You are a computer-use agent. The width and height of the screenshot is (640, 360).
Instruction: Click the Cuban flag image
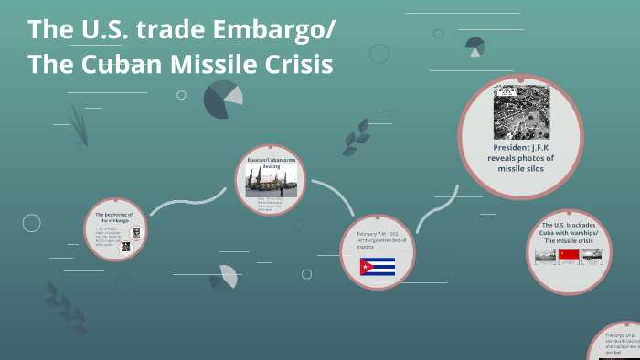[377, 267]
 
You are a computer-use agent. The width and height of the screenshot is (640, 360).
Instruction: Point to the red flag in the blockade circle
[569, 257]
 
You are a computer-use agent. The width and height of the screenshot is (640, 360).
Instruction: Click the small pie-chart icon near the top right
[475, 47]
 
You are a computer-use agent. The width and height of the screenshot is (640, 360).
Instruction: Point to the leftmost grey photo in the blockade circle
[545, 258]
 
